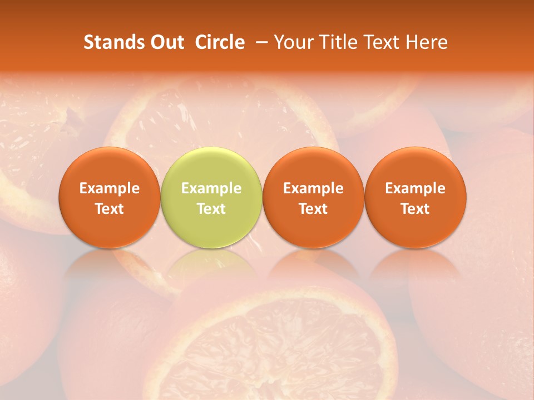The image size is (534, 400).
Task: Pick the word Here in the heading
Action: click(x=426, y=42)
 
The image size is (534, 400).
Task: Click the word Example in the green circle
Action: click(x=211, y=188)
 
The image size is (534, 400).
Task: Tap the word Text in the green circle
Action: click(x=211, y=209)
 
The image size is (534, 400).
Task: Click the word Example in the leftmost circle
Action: click(x=110, y=188)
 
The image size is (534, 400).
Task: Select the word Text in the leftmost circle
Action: click(x=110, y=209)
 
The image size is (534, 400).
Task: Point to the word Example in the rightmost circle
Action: click(x=416, y=188)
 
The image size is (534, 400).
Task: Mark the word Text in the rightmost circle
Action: click(x=416, y=209)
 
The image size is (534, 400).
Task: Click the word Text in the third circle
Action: click(x=313, y=209)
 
